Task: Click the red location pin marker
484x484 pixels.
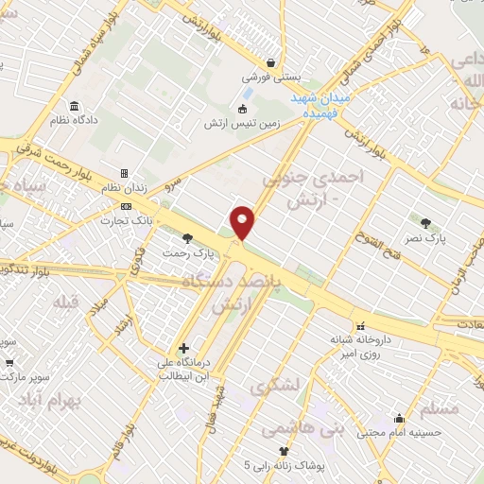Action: click(244, 222)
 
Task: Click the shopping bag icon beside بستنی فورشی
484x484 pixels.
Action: click(271, 62)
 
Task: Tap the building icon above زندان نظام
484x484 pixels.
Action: click(124, 174)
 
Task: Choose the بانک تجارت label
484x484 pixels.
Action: click(129, 220)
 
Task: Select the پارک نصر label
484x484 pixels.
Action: click(430, 240)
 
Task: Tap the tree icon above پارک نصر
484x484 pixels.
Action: click(426, 224)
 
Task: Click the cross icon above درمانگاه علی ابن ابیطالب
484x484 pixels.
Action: click(184, 348)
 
